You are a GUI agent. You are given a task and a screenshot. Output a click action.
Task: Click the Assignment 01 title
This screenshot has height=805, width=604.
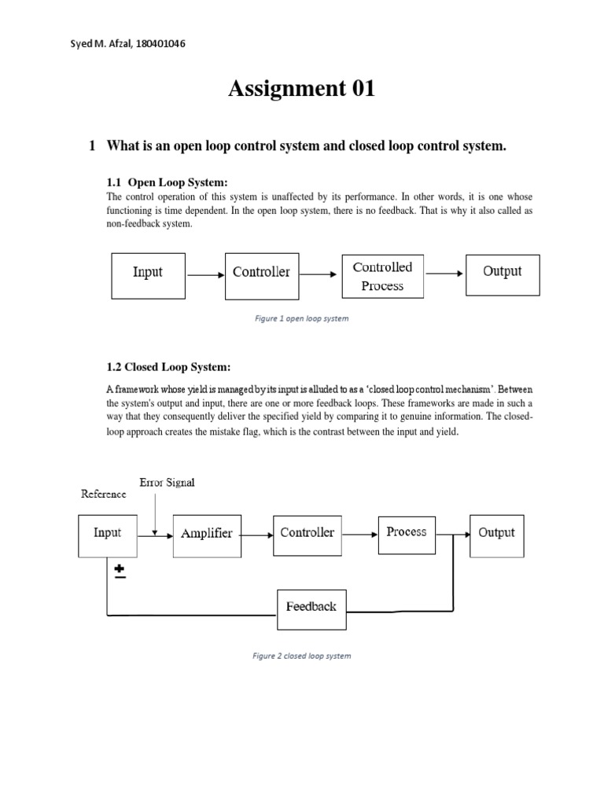tap(301, 90)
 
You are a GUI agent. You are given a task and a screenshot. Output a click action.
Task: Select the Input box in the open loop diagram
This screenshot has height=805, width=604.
tap(148, 275)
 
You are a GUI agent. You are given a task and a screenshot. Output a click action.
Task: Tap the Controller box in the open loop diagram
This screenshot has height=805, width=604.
tap(261, 275)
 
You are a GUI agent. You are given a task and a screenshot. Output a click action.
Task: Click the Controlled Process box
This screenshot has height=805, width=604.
tap(382, 276)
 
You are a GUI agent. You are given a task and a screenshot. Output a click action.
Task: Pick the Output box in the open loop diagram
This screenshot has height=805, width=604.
tap(503, 274)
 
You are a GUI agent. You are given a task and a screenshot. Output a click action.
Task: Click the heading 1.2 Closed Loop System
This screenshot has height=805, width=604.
tap(169, 367)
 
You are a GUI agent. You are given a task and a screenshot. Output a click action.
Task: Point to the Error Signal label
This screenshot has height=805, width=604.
tap(167, 483)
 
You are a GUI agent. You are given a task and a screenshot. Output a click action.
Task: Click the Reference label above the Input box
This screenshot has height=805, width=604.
tap(103, 494)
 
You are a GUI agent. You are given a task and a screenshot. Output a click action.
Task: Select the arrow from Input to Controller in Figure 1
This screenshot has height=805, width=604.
tap(204, 276)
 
